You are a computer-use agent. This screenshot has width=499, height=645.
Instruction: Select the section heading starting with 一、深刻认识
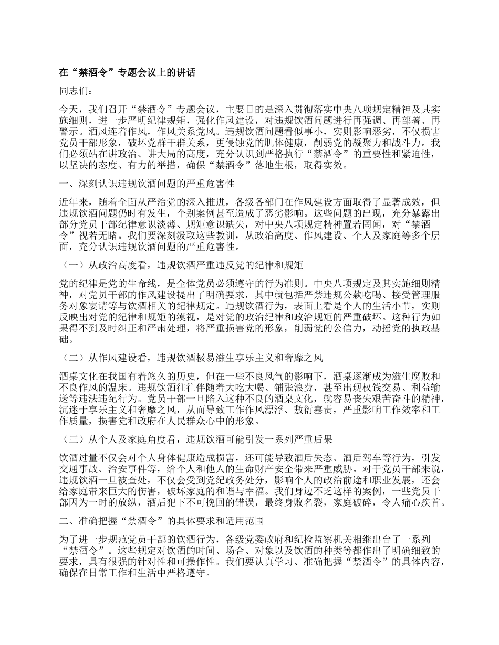(x=148, y=184)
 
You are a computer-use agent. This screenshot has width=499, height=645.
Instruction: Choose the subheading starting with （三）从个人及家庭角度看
(x=196, y=438)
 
